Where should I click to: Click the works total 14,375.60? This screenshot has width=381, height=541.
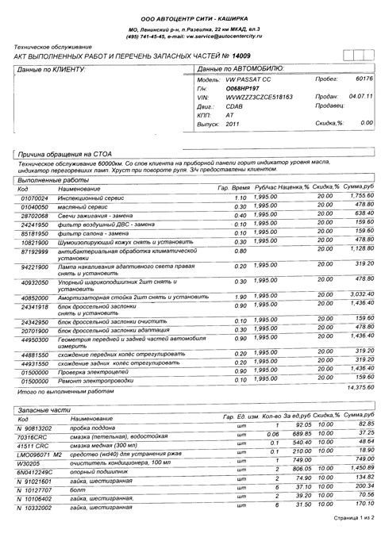[x=355, y=388]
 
